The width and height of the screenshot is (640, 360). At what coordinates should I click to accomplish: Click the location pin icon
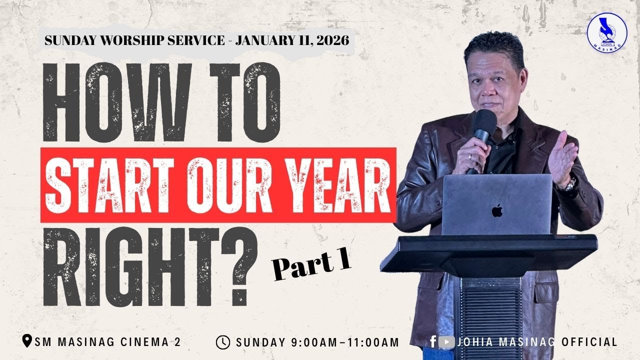(x=28, y=342)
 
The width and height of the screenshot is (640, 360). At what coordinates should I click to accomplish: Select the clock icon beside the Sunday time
(x=223, y=342)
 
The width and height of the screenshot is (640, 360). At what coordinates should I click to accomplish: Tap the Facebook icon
(x=433, y=342)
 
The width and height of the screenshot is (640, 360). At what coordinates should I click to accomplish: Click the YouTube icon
(x=446, y=342)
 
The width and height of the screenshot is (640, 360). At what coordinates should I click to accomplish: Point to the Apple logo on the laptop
(x=496, y=210)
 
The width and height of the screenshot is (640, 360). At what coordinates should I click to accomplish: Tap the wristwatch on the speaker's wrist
(x=570, y=184)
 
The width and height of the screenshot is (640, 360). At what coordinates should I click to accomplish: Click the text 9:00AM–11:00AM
(x=345, y=342)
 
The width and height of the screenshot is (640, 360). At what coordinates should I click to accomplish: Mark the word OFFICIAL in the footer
(x=589, y=342)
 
